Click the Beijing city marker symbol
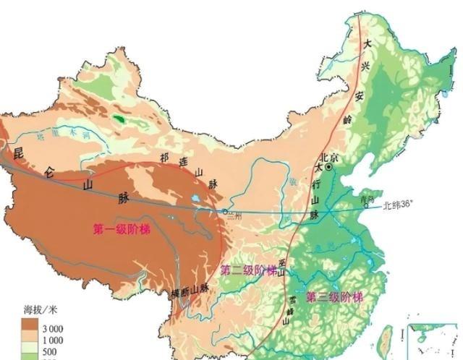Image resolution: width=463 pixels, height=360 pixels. (x=329, y=167)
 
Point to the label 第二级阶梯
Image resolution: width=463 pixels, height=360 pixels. (x=247, y=270)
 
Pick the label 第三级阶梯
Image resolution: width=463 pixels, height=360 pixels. (x=334, y=297)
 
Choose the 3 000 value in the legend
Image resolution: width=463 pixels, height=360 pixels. (x=52, y=328)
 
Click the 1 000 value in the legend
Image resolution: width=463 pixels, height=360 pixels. (x=52, y=340)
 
